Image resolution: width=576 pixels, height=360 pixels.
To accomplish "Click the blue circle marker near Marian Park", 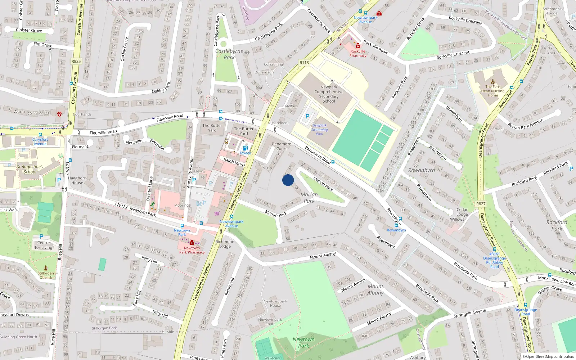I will tap(288, 180).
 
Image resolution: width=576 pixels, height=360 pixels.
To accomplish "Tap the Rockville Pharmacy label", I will tap(358, 54).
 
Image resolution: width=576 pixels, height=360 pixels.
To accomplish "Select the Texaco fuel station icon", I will tap(245, 148).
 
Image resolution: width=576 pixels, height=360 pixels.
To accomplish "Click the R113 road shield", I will tap(304, 63).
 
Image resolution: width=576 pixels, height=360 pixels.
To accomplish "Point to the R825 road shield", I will tap(76, 61).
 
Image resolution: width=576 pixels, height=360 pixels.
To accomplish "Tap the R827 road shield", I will tap(481, 204).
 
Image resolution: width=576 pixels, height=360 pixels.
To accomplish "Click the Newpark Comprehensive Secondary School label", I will tap(329, 94).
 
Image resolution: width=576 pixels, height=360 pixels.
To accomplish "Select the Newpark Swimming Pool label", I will tap(319, 130).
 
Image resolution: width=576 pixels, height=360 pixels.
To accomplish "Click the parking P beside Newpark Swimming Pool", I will tap(307, 116).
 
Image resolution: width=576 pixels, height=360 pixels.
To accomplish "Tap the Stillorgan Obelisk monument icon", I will tap(46, 268).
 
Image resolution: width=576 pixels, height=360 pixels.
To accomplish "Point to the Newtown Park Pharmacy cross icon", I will tap(192, 243).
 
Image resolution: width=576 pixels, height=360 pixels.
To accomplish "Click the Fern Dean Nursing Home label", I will tap(493, 91).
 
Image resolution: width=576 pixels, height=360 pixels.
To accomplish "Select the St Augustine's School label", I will tap(30, 169).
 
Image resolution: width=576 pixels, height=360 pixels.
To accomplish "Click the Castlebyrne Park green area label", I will tap(229, 54).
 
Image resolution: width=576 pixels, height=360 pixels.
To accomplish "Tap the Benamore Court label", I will tap(282, 146).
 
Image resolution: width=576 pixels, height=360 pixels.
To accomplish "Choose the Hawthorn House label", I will tap(77, 180).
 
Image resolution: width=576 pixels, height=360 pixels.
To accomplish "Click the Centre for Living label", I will tap(44, 245).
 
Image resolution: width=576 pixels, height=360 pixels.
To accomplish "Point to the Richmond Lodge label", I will tap(225, 244).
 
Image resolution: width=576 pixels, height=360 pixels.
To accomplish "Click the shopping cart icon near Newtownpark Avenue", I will tap(217, 213).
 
